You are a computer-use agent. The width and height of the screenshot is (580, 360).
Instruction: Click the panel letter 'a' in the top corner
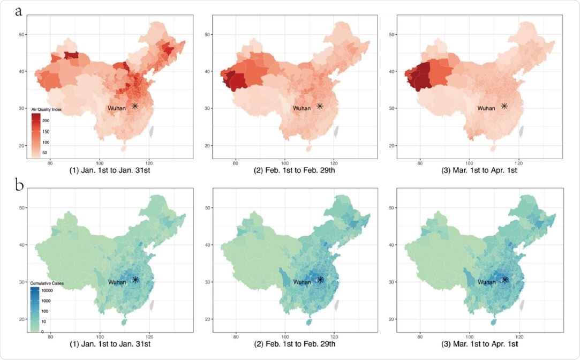coord(19,12)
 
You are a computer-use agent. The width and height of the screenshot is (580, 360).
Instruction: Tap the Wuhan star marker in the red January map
coord(135,106)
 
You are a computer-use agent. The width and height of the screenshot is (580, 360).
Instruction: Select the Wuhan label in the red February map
coord(302,108)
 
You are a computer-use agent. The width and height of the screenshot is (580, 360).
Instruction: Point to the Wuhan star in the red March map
coord(504,106)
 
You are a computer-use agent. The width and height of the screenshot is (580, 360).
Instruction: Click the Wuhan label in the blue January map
coord(117,282)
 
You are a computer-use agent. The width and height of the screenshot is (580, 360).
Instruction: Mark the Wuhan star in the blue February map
coord(320,280)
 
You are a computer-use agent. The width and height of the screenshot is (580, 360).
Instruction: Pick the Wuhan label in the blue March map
coord(486,282)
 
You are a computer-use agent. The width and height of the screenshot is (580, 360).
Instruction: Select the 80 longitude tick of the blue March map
coord(420,337)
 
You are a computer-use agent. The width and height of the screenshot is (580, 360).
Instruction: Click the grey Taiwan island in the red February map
coord(337,130)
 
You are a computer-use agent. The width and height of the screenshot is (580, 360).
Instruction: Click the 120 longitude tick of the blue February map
coord(334,337)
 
